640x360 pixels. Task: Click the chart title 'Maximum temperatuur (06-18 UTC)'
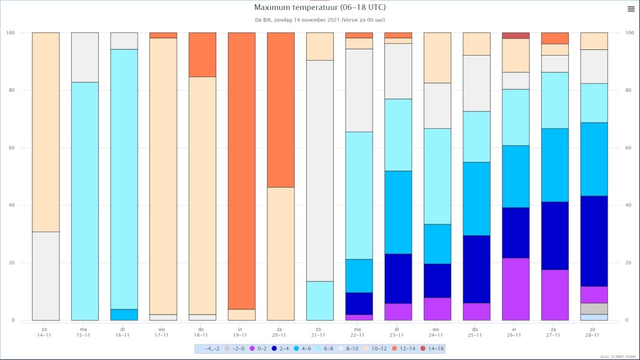(319, 7)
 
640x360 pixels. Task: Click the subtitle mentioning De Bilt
(319, 19)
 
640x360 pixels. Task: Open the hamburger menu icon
(631, 9)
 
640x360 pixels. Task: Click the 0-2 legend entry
(258, 349)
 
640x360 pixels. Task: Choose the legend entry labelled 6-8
(324, 349)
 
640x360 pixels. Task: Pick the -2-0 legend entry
(235, 349)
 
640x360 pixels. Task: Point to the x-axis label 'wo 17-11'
(162, 332)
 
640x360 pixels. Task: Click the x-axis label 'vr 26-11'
(514, 332)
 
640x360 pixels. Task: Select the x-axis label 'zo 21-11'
(318, 332)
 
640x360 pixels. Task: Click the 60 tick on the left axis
(11, 147)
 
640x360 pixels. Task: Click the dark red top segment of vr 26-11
(516, 36)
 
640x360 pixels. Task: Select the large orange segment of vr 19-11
(242, 171)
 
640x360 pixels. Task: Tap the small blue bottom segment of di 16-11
(124, 315)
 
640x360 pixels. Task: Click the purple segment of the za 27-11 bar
(555, 295)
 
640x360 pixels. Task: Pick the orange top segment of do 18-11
(202, 55)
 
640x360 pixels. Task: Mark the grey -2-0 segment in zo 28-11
(594, 309)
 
